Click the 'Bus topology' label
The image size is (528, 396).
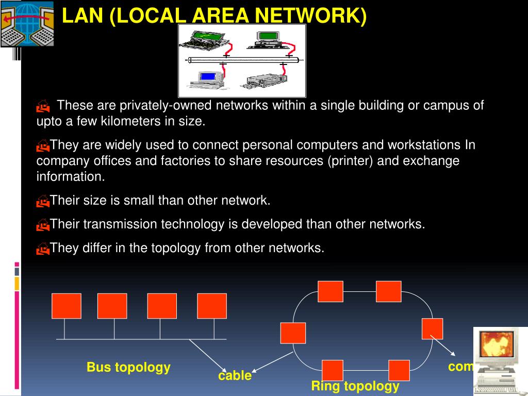[128, 367]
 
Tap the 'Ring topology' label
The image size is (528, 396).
[355, 386]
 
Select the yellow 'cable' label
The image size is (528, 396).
[235, 375]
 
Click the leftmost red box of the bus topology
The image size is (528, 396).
[66, 306]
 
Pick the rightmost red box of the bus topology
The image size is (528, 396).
[211, 306]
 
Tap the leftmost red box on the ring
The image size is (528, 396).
[293, 333]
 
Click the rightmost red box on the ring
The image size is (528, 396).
[432, 328]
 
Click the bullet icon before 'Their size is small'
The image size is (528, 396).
[43, 201]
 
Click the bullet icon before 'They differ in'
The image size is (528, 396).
[43, 249]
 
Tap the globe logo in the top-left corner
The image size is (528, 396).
[27, 23]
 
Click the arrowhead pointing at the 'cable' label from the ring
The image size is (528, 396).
[255, 370]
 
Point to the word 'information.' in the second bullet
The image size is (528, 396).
[71, 177]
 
